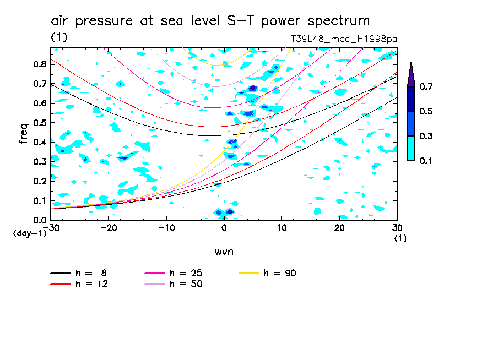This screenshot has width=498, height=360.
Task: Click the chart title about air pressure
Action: tap(210, 21)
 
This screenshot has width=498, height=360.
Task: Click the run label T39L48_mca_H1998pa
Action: tap(344, 39)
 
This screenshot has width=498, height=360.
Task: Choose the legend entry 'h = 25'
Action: tap(186, 273)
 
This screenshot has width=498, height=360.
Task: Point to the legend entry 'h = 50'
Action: tap(186, 284)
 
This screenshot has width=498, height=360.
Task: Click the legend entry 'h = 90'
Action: tap(280, 273)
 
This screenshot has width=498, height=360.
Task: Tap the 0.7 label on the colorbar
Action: tap(426, 86)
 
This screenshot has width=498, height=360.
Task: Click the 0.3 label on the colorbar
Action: tap(426, 136)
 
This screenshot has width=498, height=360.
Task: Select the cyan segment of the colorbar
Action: tap(411, 148)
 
